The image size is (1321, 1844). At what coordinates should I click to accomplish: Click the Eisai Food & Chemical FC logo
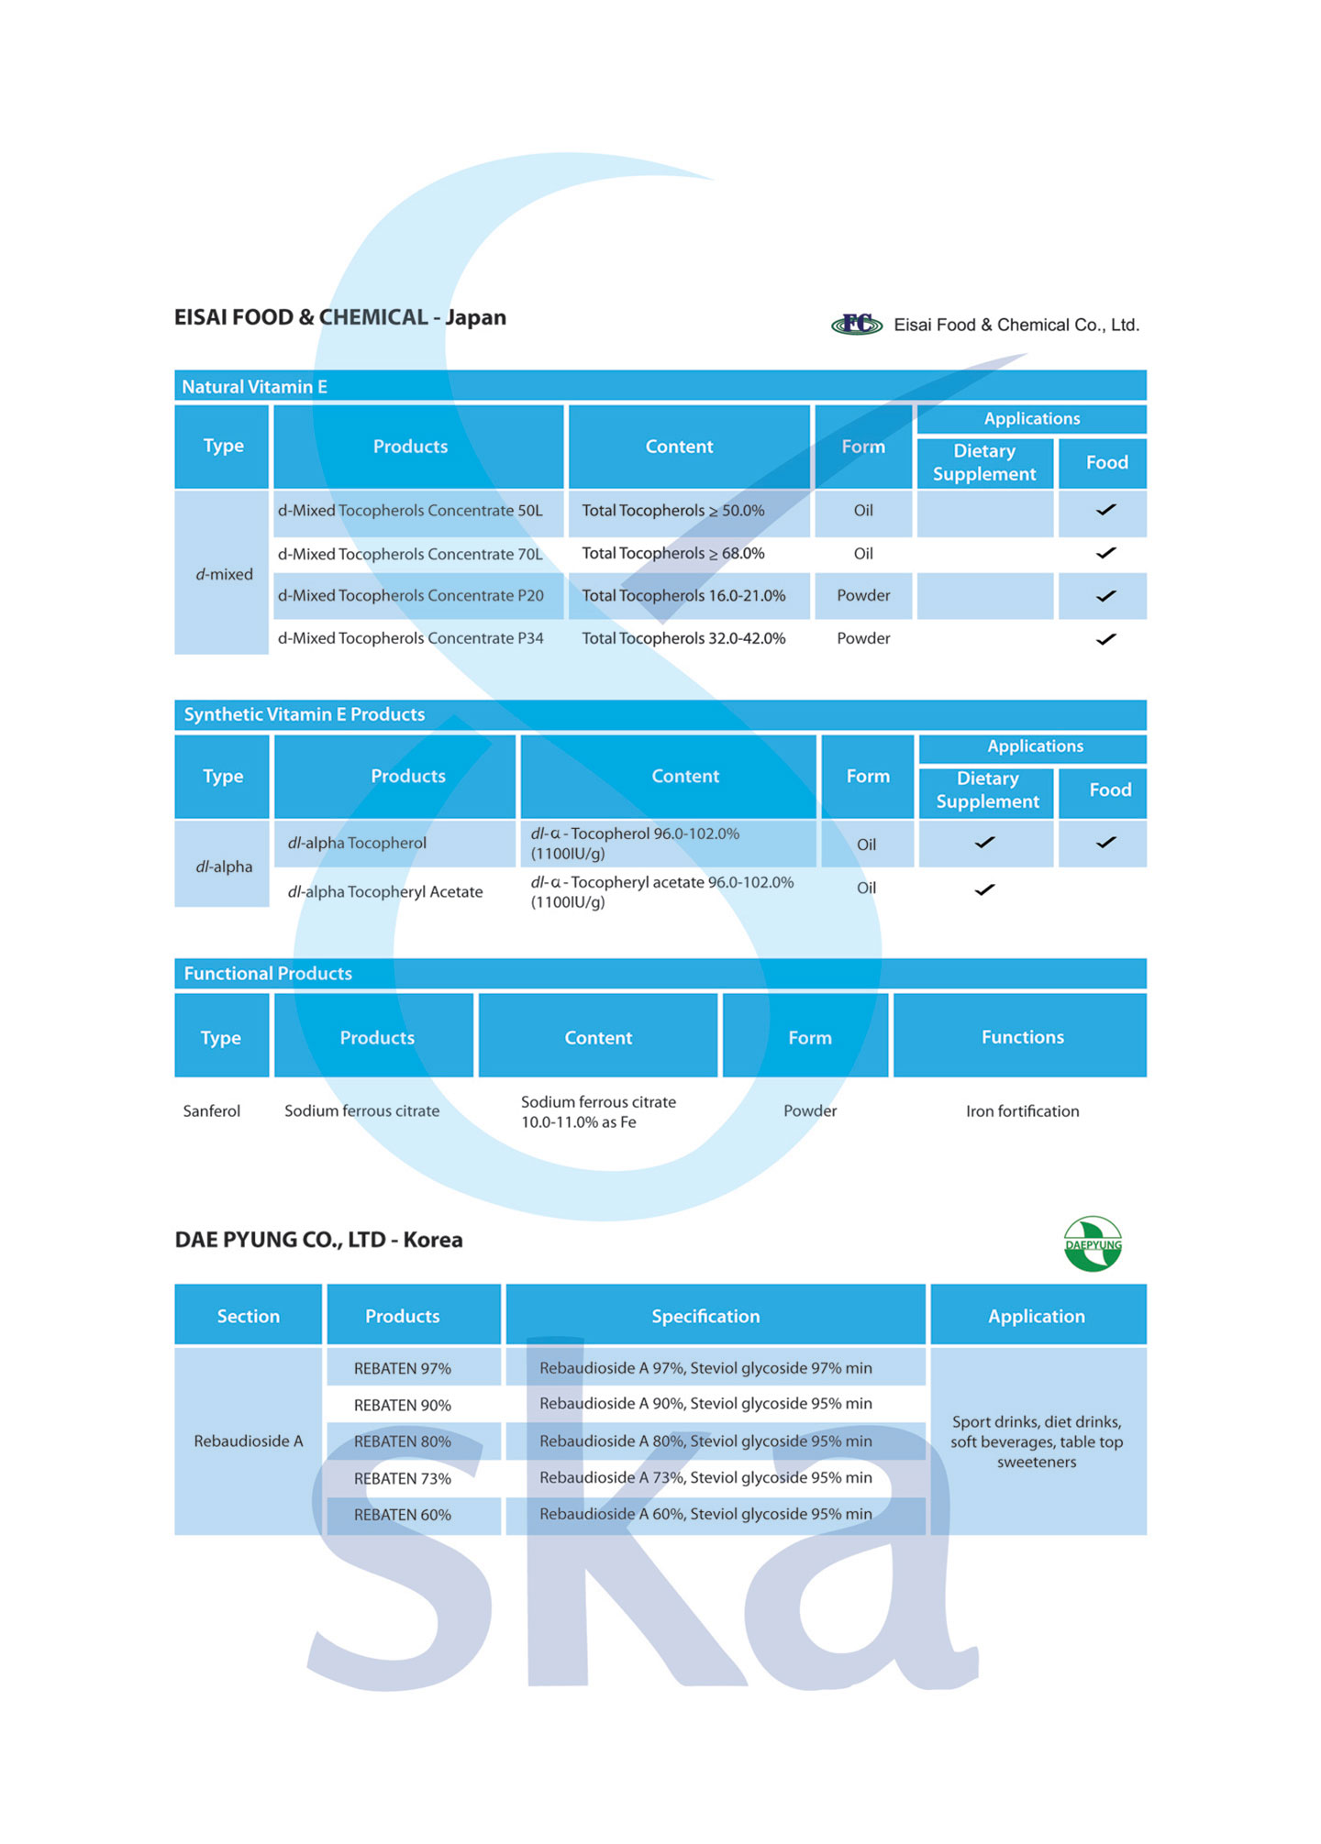856,324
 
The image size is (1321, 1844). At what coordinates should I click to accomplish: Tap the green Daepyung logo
1092,1244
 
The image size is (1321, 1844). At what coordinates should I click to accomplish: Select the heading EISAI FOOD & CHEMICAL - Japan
340,317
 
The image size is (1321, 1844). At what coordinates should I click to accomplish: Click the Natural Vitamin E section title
254,387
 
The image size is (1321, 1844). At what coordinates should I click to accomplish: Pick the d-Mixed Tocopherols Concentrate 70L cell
410,554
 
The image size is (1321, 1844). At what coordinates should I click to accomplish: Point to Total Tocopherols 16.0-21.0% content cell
683,596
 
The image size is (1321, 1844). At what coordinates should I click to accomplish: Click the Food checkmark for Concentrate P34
1105,639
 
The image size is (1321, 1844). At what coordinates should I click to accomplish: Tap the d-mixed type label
224,575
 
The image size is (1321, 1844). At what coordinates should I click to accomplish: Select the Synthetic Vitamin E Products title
304,714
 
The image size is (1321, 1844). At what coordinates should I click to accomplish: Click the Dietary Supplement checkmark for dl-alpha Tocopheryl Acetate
984,889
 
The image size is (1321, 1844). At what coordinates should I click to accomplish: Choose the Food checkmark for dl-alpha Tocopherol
1105,842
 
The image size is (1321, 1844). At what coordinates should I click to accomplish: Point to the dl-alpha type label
224,867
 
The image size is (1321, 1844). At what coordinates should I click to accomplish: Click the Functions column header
1022,1037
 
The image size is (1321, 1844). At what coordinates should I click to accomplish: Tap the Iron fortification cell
1022,1111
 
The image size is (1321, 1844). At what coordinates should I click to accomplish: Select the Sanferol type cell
212,1111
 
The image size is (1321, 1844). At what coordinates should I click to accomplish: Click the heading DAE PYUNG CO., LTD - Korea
318,1240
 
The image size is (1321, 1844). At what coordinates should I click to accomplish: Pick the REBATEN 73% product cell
403,1478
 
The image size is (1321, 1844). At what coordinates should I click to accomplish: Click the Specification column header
705,1316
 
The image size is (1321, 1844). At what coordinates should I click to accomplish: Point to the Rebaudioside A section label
248,1441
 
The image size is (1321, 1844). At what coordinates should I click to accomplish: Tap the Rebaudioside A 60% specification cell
705,1514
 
